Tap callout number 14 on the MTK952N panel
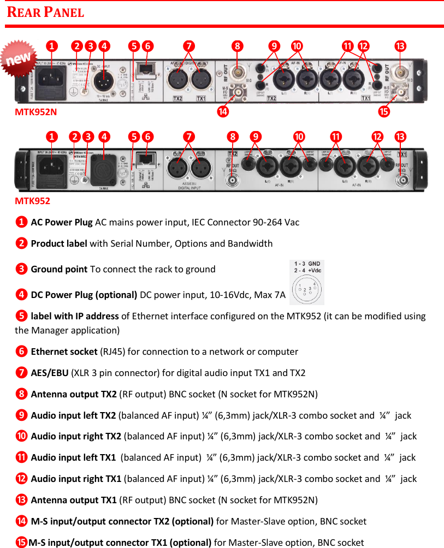222,112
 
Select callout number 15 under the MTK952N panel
384,112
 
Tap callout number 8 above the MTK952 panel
233,135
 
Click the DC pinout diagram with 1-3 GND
306,282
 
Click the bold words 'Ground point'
59,269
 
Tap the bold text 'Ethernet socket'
65,352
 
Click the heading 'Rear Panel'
45,12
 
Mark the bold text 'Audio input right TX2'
76,436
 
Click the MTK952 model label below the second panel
32,201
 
